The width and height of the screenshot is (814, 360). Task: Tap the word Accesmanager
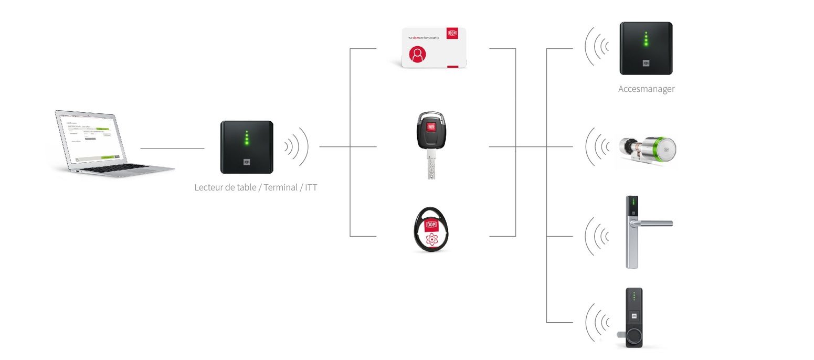pyautogui.click(x=646, y=89)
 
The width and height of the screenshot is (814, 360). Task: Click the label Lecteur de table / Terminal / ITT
pyautogui.click(x=256, y=187)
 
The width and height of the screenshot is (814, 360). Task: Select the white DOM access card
pyautogui.click(x=434, y=48)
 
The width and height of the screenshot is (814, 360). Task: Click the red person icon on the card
pyautogui.click(x=418, y=54)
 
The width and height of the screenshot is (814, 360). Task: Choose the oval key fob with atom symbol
pyautogui.click(x=431, y=229)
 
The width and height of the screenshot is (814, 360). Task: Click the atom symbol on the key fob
pyautogui.click(x=431, y=239)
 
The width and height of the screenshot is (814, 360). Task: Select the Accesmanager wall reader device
pyautogui.click(x=646, y=48)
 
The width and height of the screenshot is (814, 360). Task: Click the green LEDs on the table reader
pyautogui.click(x=246, y=137)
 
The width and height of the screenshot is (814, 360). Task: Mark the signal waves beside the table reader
pyautogui.click(x=297, y=147)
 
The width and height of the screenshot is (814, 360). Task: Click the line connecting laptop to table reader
pyautogui.click(x=172, y=149)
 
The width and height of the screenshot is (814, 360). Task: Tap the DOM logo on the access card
pyautogui.click(x=452, y=33)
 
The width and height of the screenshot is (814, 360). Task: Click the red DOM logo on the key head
pyautogui.click(x=431, y=127)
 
